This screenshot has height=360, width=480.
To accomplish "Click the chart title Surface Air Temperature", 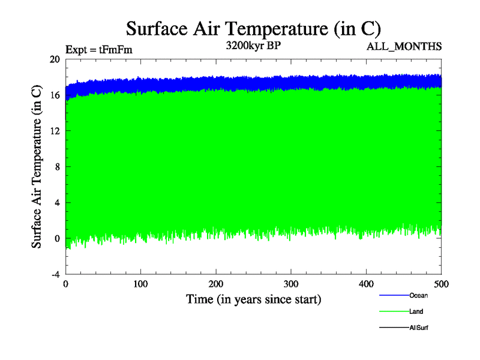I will coord(253,28).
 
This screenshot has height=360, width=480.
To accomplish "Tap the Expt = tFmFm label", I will coord(98,50).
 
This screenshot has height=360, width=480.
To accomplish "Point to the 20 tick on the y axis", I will coord(55,59).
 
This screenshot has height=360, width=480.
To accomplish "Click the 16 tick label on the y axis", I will coord(55,95).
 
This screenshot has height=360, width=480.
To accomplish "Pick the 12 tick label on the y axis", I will coord(55,131).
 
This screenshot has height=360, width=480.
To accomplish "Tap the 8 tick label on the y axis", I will coord(57,167).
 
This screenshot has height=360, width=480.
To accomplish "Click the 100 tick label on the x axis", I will coord(140,283).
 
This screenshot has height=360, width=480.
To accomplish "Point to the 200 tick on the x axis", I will coord(216,283).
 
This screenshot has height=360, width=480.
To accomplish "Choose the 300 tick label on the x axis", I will coord(291,283).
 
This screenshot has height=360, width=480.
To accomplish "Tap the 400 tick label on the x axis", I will coord(366,283).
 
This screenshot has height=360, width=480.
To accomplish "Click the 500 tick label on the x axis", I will coord(441,283).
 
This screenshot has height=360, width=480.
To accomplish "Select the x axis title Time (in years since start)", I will coord(253,299).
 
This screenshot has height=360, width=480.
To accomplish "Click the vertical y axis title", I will coord(37,167).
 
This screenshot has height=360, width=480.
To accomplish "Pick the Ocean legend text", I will coord(418,295).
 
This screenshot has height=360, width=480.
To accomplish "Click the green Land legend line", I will coord(394,311).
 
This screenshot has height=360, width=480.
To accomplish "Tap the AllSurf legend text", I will coord(418,328).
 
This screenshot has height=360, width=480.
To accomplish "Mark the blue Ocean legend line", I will coord(394,295).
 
